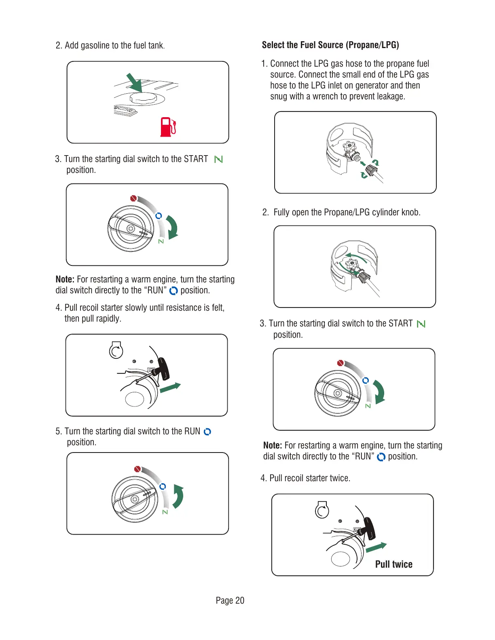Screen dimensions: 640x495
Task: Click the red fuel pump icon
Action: click(x=168, y=126)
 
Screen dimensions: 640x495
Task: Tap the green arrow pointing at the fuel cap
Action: click(x=135, y=82)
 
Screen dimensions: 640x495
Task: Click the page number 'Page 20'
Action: click(x=230, y=600)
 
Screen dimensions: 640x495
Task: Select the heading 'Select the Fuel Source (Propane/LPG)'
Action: click(x=330, y=45)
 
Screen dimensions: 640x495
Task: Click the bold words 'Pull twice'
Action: click(x=393, y=564)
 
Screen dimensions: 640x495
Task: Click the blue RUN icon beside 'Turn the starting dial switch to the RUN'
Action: click(x=207, y=432)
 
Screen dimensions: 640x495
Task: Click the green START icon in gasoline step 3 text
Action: click(x=218, y=159)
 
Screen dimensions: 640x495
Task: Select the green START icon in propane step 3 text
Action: click(x=421, y=324)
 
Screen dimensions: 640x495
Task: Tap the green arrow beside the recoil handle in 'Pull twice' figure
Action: click(x=376, y=547)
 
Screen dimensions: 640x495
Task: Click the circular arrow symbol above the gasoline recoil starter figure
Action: click(x=116, y=350)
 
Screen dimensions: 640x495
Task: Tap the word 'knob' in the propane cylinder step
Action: click(x=410, y=213)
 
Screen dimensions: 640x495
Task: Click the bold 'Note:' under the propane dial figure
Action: click(x=273, y=445)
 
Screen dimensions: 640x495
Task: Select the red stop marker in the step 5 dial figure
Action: click(x=137, y=469)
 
